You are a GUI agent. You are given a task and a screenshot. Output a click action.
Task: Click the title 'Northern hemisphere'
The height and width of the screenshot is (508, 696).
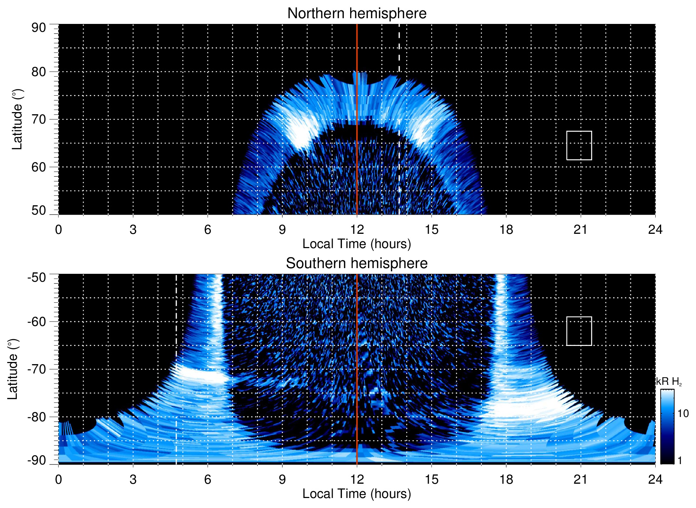tap(357, 14)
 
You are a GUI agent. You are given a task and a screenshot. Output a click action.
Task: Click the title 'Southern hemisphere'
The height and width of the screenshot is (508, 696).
tap(357, 263)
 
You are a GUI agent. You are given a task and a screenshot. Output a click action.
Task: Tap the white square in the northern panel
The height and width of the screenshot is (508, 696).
tap(579, 145)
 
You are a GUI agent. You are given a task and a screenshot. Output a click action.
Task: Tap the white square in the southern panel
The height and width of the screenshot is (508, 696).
tap(579, 331)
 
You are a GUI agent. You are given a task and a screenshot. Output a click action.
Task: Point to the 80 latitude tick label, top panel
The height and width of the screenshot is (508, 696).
tap(39, 72)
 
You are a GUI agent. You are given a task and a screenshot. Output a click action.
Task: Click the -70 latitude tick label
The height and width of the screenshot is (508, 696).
tap(37, 369)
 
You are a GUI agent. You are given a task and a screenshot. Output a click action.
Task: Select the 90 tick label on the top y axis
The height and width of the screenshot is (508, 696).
tap(39, 27)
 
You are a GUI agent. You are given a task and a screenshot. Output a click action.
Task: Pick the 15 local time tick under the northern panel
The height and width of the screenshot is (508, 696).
tap(431, 230)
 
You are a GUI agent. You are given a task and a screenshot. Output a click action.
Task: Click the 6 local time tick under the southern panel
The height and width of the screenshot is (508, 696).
tap(207, 479)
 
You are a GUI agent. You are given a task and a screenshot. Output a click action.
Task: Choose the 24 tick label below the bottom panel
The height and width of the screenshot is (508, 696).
tap(655, 479)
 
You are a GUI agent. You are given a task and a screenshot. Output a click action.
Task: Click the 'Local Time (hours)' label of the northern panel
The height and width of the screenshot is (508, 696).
tap(357, 244)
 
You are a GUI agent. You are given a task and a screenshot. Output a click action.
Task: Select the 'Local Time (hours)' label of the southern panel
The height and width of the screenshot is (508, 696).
tap(357, 494)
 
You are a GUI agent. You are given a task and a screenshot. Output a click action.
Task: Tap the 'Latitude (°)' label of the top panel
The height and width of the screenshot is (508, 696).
tap(17, 119)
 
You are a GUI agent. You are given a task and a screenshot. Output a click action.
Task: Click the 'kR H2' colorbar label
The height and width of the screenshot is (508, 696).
tap(669, 382)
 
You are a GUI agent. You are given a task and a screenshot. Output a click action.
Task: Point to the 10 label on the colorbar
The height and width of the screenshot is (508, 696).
tap(683, 413)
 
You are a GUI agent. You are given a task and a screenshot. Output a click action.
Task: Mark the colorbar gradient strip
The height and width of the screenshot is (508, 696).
tap(667, 427)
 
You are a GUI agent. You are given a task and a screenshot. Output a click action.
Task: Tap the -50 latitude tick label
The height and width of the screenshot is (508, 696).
tap(37, 277)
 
